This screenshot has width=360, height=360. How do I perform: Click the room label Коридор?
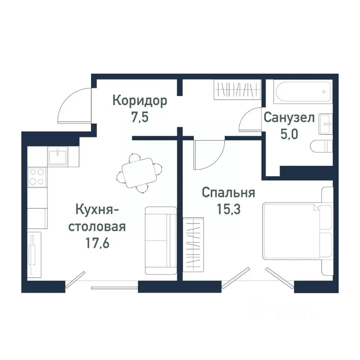tap(140, 101)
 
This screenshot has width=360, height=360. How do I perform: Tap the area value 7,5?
tap(140, 117)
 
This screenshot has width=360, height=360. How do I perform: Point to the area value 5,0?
tap(289, 133)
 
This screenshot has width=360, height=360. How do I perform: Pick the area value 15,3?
tap(228, 208)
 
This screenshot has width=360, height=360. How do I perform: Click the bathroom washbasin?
tap(325, 123)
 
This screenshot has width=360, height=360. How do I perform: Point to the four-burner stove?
tap(37, 177)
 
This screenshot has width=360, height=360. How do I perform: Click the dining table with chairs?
tap(139, 173)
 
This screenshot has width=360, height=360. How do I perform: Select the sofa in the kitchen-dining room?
tap(160, 240)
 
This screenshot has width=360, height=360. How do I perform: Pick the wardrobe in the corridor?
tap(237, 90)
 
